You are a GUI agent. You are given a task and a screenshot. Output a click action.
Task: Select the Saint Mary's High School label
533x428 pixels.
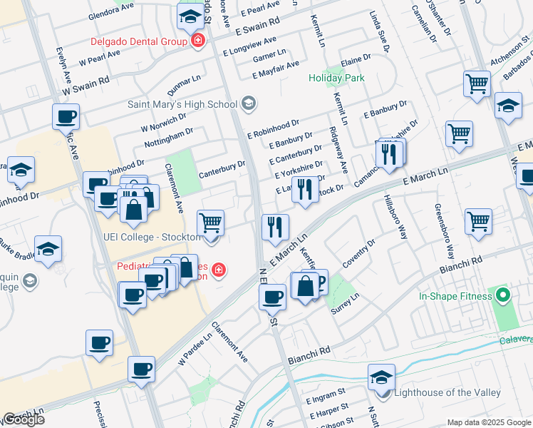(182, 104)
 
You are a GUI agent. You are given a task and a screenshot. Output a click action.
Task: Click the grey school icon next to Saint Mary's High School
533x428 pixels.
(249, 105)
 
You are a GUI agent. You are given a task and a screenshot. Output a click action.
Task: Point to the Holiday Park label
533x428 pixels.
(336, 77)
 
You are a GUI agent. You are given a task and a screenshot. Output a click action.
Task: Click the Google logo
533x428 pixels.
(24, 419)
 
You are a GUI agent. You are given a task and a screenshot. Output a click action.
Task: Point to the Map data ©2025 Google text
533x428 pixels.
(488, 422)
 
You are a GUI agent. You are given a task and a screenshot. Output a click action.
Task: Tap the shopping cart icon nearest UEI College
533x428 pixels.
(211, 223)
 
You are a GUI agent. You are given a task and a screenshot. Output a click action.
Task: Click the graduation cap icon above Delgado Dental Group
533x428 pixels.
(190, 16)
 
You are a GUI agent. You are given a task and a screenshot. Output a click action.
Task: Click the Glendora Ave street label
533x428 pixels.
(110, 14)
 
